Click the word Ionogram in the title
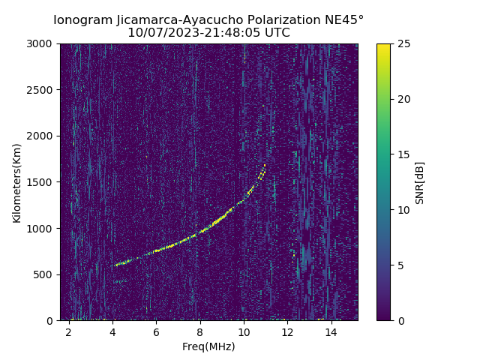[x=82, y=19]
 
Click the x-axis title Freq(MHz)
[x=208, y=346]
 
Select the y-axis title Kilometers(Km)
[x=16, y=182]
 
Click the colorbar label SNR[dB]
[x=420, y=182]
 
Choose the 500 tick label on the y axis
[x=46, y=274]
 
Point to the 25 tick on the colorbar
[x=403, y=43]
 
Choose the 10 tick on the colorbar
[x=403, y=210]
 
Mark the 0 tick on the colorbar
[x=400, y=320]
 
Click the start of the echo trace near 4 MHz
[x=116, y=265]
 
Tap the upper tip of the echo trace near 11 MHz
[x=265, y=165]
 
